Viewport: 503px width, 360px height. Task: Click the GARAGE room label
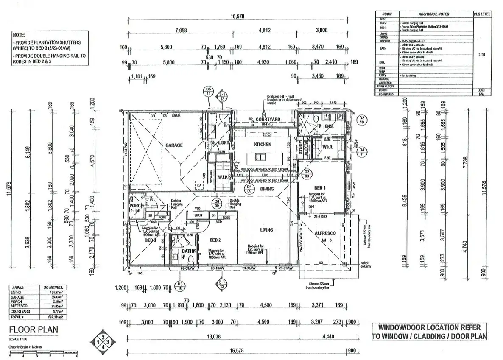(x=174, y=145)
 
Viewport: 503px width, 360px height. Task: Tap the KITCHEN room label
(x=263, y=145)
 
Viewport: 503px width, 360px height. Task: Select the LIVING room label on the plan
(x=266, y=230)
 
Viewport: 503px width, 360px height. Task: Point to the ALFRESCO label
(x=325, y=233)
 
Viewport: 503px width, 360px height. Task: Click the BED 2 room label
(x=216, y=240)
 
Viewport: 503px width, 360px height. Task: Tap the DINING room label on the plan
(x=266, y=189)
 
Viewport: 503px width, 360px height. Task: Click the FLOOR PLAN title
(x=34, y=329)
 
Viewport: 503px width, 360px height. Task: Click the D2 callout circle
(x=362, y=120)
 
